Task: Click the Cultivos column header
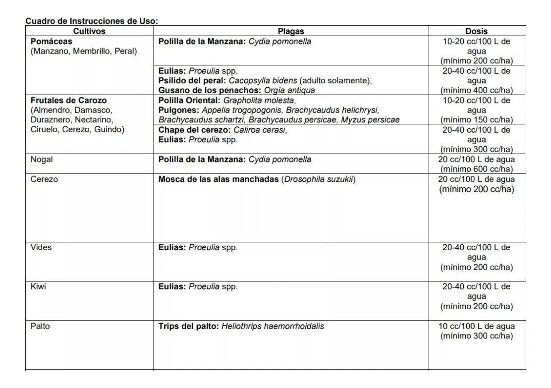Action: [89, 31]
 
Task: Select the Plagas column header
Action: [291, 31]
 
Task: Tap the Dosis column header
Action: [476, 31]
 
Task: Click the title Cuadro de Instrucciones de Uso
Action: [92, 21]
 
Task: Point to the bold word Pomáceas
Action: [52, 42]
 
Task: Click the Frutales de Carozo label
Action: [68, 100]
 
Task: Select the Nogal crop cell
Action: [42, 160]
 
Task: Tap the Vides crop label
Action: [41, 247]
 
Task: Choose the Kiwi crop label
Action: [38, 286]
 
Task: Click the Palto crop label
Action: [40, 326]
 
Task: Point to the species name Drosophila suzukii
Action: [318, 179]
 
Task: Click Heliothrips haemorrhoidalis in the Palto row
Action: [273, 326]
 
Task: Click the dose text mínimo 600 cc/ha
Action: [476, 169]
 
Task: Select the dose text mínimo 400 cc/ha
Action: [476, 90]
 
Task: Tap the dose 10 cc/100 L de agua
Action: [476, 326]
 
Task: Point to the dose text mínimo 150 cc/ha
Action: [476, 120]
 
